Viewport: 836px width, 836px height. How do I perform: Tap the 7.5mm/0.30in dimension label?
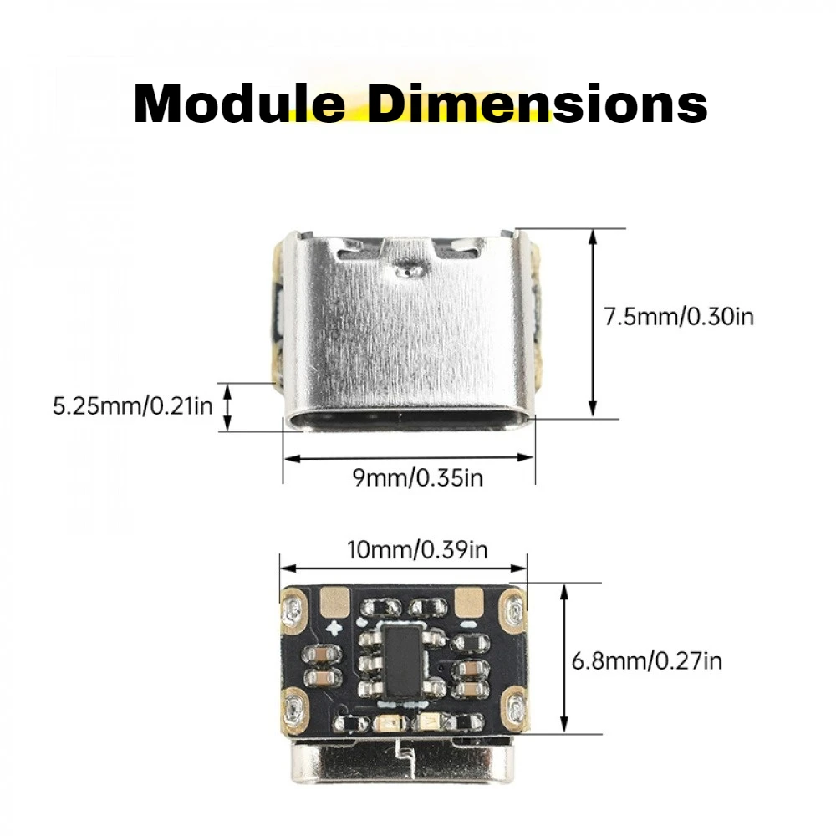point(679,317)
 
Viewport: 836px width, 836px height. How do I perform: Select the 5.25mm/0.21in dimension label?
point(133,407)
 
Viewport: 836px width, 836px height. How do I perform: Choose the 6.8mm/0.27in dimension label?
point(646,661)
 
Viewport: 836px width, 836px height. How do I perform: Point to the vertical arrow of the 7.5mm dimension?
point(593,322)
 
